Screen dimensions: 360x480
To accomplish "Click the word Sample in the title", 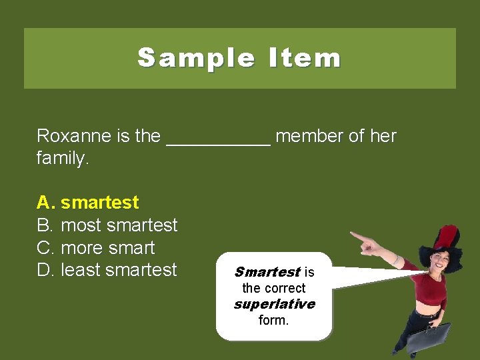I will pyautogui.click(x=195, y=58).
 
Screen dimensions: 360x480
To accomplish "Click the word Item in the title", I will pyautogui.click(x=305, y=58).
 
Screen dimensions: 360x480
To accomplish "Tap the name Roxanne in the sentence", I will pyautogui.click(x=74, y=136).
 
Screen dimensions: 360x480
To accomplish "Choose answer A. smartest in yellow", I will pyautogui.click(x=87, y=202).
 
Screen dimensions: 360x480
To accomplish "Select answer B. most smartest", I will pyautogui.click(x=107, y=225).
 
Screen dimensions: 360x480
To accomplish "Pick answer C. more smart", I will pyautogui.click(x=95, y=247).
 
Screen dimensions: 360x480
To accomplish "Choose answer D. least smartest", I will pyautogui.click(x=107, y=270).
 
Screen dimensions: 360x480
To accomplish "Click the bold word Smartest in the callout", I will pyautogui.click(x=267, y=272).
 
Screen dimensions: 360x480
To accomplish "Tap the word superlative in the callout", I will pyautogui.click(x=274, y=304).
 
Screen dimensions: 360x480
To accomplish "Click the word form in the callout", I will pyautogui.click(x=273, y=320).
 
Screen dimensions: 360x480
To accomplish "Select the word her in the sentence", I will pyautogui.click(x=383, y=136).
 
